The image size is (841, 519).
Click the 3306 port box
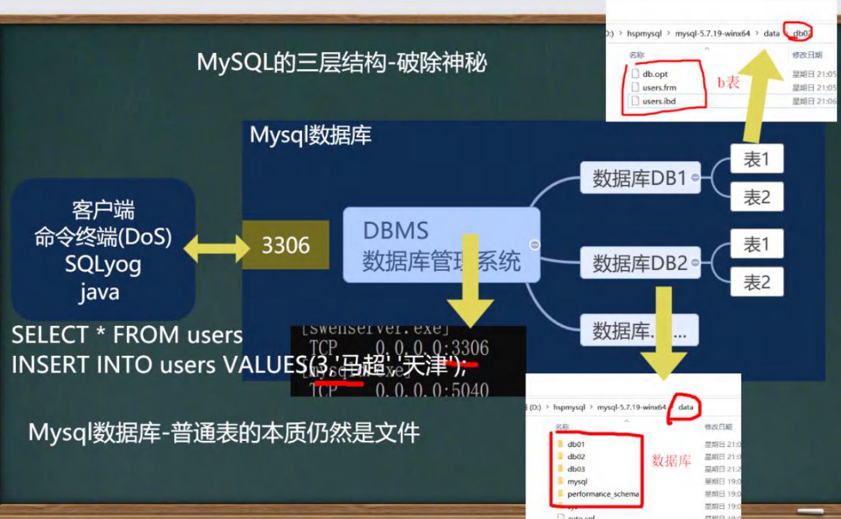point(286,245)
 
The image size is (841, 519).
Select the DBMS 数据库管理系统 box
point(441,246)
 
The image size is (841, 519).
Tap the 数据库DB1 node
point(639,179)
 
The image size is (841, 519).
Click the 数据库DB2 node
point(639,263)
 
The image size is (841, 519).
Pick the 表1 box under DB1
point(757,160)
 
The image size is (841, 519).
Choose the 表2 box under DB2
point(757,282)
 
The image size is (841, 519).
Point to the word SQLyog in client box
point(103,264)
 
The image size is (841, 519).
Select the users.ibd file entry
point(658,101)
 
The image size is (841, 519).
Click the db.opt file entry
point(655,73)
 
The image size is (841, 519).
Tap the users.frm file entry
point(659,87)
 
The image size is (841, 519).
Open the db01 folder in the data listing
point(576,444)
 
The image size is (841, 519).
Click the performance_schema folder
point(602,494)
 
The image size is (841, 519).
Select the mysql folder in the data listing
point(577,481)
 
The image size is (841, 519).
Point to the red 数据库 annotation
point(671,461)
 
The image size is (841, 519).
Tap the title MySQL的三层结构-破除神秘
point(342,63)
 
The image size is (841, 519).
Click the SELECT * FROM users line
point(127,336)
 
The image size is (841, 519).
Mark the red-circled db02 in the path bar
point(798,33)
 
